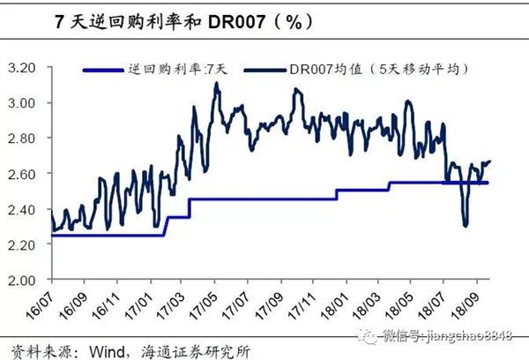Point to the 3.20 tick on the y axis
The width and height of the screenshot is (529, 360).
(x=28, y=68)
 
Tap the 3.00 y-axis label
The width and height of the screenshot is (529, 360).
(x=28, y=103)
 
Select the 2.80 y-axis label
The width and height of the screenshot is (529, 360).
(x=28, y=139)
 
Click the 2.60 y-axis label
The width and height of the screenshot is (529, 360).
(x=28, y=174)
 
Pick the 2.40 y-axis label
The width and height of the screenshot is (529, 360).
(x=28, y=209)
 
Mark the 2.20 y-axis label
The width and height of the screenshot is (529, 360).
(x=28, y=244)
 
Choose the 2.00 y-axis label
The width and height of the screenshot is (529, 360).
(x=28, y=280)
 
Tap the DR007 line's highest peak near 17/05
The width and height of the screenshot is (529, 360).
(x=217, y=84)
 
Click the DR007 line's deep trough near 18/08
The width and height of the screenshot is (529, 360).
(x=465, y=225)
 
